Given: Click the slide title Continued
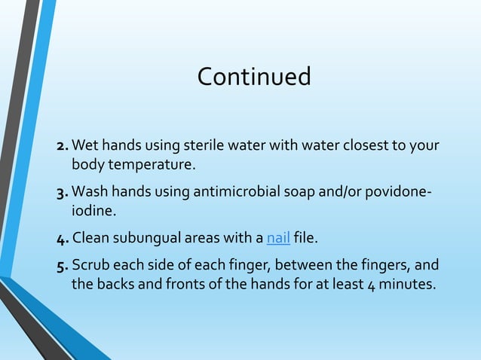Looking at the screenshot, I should pyautogui.click(x=253, y=77).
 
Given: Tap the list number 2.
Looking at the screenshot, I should pyautogui.click(x=63, y=145).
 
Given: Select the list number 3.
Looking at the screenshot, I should pyautogui.click(x=63, y=192).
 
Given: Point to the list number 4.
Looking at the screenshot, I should pyautogui.click(x=63, y=239).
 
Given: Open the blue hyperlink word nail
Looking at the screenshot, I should pyautogui.click(x=278, y=239).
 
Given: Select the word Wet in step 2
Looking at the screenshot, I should pyautogui.click(x=84, y=145).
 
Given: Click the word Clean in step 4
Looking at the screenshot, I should pyautogui.click(x=90, y=239).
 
